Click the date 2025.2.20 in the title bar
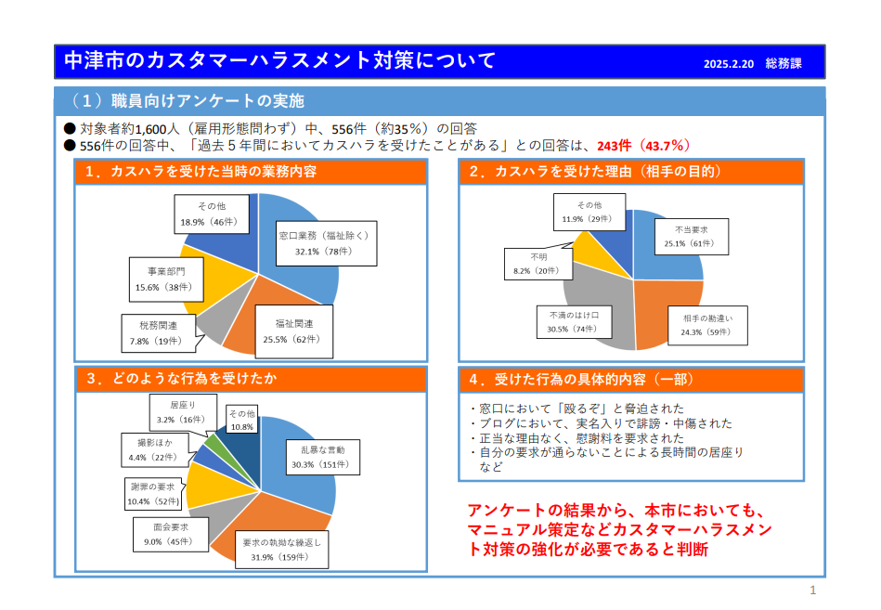[x=729, y=65]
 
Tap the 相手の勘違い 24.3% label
[x=707, y=324]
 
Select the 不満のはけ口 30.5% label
[x=572, y=322]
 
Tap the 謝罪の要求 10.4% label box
[x=153, y=494]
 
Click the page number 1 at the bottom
[x=813, y=591]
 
